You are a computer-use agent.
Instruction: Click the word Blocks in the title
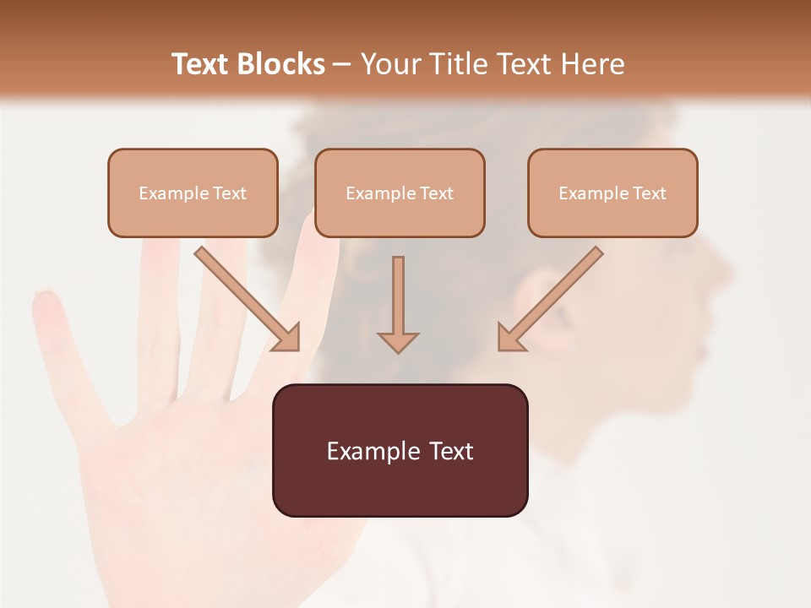tap(283, 64)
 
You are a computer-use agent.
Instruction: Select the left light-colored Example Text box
tap(193, 193)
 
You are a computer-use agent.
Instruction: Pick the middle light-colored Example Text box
tap(400, 193)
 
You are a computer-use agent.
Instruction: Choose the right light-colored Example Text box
tap(612, 193)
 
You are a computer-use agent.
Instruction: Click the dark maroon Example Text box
tap(400, 450)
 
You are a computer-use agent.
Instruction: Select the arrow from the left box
tap(245, 296)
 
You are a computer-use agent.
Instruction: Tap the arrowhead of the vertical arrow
tap(398, 341)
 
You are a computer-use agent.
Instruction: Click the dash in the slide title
tap(342, 65)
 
